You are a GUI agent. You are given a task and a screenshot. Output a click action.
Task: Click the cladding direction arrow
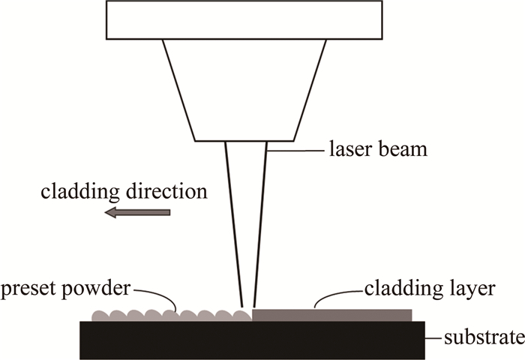(x=138, y=213)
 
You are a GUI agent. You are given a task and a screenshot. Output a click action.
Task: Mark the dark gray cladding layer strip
(x=332, y=315)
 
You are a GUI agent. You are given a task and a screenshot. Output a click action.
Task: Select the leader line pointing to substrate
(x=434, y=337)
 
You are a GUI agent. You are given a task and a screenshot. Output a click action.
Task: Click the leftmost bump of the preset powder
(x=99, y=313)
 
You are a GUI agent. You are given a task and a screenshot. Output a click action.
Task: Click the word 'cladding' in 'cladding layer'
(x=397, y=289)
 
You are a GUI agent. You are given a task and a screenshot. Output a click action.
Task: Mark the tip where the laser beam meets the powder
(x=247, y=308)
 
